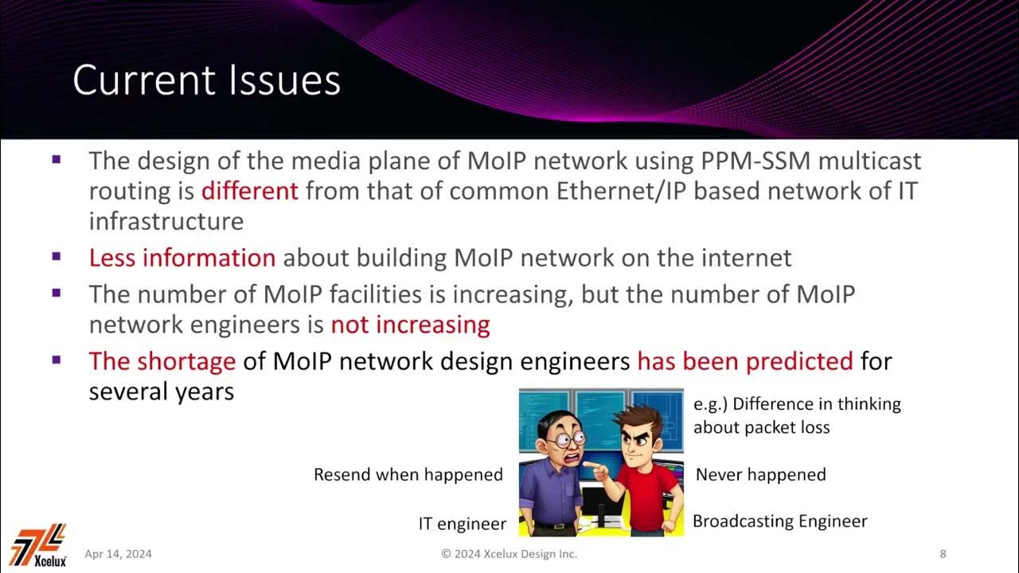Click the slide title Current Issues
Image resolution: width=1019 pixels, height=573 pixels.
click(x=206, y=81)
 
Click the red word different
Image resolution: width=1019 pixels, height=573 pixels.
click(x=249, y=191)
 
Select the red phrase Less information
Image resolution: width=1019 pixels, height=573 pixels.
click(x=182, y=258)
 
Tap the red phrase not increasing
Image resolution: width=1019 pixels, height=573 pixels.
click(x=410, y=325)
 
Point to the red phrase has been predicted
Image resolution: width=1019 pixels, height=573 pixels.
click(x=745, y=361)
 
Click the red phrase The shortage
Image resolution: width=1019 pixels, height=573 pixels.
click(x=162, y=361)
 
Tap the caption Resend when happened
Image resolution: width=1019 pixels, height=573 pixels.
click(x=408, y=475)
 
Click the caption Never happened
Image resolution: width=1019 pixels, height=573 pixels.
click(x=760, y=475)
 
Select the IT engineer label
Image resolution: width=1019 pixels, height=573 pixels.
click(x=462, y=524)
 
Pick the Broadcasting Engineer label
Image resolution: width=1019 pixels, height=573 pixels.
click(x=779, y=521)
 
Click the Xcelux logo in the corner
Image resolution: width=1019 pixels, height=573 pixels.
click(x=39, y=545)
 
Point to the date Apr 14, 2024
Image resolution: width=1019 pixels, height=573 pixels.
click(x=118, y=554)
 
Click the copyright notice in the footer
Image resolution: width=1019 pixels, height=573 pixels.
click(x=509, y=554)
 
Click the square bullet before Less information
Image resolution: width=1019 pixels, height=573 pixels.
click(x=56, y=256)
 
